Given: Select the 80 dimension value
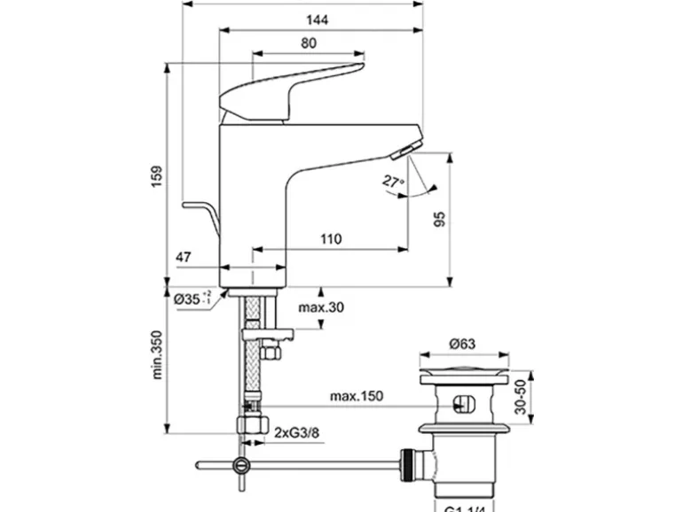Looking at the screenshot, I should [308, 43].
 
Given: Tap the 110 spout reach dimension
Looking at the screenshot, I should [330, 238].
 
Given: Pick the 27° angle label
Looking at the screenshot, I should [392, 182].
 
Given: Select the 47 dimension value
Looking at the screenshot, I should [184, 257].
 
